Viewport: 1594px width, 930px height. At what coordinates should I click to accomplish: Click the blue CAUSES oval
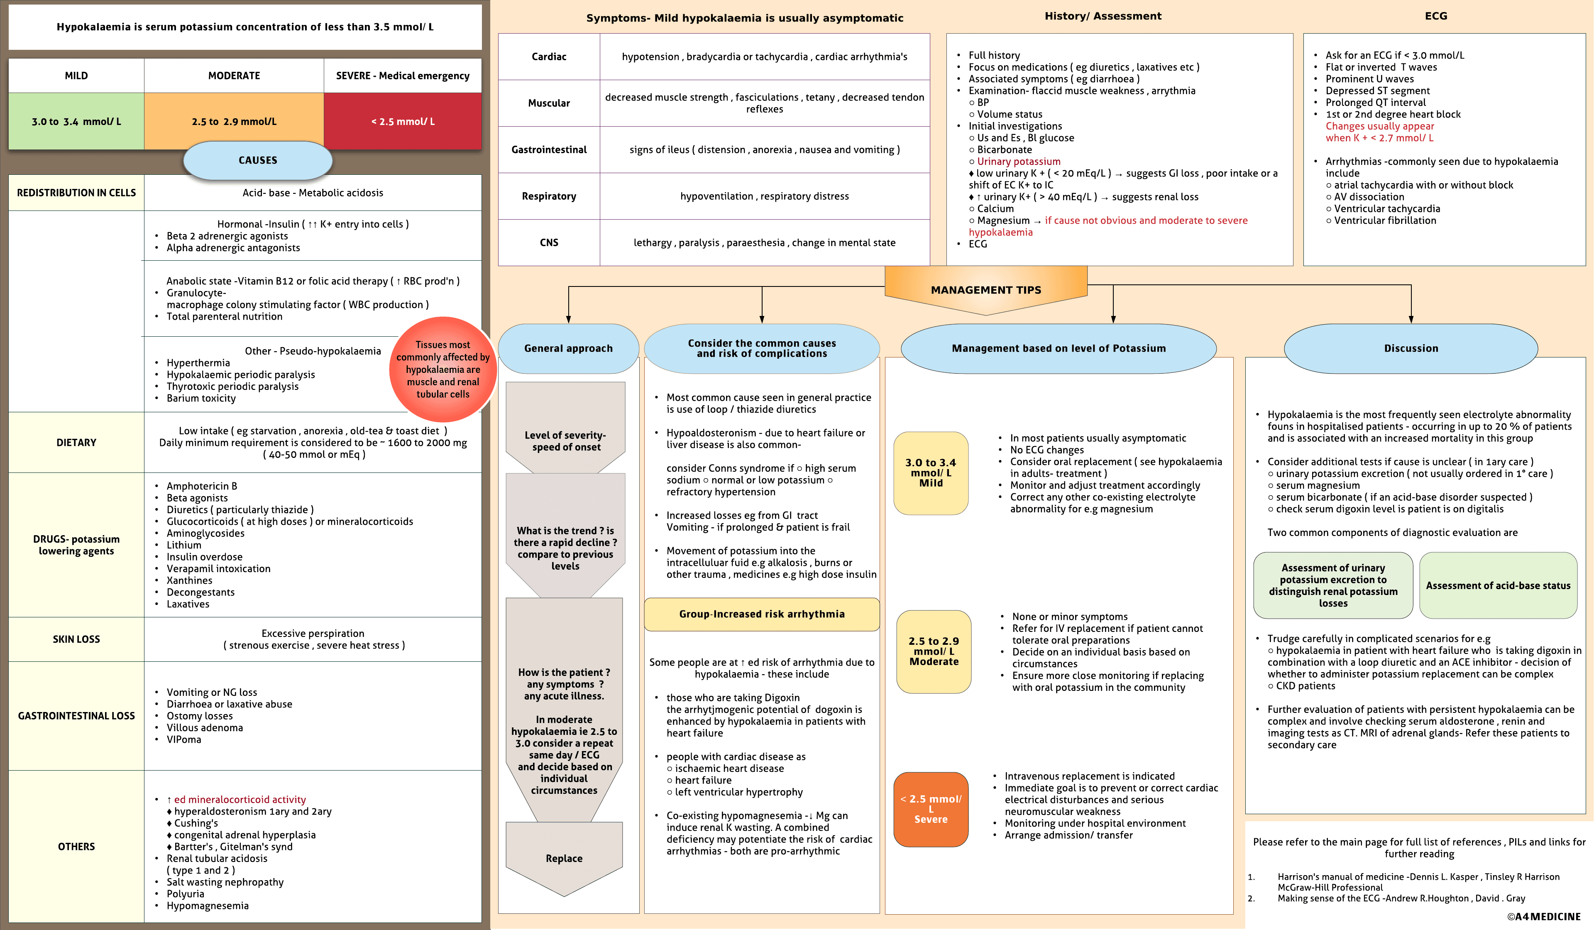tap(257, 160)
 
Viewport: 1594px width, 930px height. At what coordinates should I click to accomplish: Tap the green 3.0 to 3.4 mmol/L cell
tap(76, 122)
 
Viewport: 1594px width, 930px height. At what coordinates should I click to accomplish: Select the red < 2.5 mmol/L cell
tap(403, 122)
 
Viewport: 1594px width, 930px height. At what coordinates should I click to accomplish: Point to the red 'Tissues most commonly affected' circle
tap(443, 370)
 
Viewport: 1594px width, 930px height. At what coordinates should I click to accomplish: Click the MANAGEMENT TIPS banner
tap(985, 290)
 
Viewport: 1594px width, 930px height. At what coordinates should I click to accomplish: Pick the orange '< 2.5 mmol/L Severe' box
tap(931, 809)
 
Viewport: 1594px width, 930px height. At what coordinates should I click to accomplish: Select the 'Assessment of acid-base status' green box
tap(1498, 586)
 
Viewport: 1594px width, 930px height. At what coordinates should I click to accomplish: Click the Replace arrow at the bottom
tap(564, 859)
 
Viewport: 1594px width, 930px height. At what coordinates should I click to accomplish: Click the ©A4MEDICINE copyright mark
tap(1543, 916)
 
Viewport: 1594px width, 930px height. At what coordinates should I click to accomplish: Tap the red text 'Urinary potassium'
tap(1018, 162)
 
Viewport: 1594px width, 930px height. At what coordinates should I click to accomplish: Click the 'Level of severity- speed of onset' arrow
tap(565, 441)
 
